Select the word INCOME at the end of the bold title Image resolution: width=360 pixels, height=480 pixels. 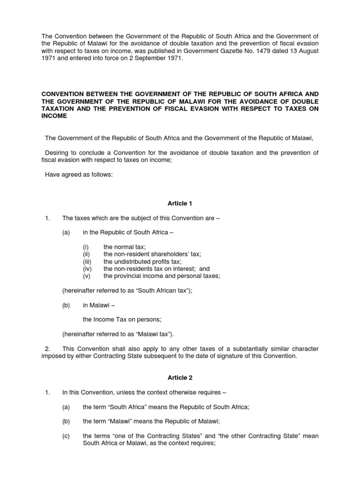54,116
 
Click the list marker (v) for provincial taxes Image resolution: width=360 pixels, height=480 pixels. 86,276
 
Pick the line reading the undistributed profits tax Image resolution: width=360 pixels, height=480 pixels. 142,262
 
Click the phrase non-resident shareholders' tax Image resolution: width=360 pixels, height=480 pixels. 152,254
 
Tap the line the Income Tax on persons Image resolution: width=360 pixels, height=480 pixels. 122,320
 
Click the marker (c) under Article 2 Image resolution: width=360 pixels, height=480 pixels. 66,436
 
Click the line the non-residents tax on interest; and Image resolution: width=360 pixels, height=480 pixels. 157,269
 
